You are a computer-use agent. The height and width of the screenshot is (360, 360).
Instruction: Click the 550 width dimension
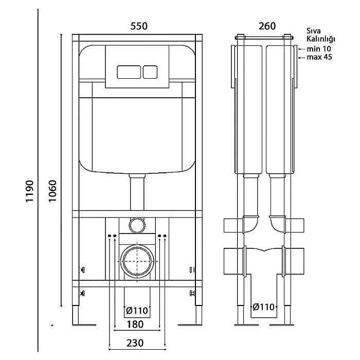coord(139,26)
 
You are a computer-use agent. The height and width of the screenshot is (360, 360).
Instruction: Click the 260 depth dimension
coord(267,26)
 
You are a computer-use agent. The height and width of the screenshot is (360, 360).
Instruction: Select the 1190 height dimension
coord(30,191)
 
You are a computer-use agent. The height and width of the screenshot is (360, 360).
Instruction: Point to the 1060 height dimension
coord(53,191)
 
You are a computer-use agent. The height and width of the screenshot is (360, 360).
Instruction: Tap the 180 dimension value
coord(135,325)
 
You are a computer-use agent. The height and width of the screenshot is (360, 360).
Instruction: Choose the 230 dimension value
coord(135,343)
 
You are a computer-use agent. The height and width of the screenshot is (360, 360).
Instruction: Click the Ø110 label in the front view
coord(137,311)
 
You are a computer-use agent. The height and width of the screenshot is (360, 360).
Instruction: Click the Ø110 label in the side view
coord(263,307)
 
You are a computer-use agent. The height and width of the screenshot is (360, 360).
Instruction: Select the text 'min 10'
coord(319,49)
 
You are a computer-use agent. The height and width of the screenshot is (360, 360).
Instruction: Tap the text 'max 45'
coord(319,57)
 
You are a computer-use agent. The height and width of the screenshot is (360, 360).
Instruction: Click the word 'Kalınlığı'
coord(321,39)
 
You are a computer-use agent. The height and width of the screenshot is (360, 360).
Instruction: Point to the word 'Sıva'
coord(314,31)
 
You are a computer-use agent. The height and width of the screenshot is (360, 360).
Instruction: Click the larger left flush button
coord(129,72)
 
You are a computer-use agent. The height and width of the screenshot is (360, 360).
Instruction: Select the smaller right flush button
coord(150,72)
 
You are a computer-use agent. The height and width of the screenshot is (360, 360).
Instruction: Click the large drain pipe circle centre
coord(137,261)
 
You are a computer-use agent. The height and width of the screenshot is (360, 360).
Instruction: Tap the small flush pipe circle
coord(137,225)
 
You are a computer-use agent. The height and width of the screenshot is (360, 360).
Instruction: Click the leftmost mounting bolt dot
coord(110,236)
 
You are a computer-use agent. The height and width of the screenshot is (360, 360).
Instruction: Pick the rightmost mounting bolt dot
coord(165,236)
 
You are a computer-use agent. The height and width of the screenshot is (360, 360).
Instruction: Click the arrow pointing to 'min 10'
coord(302,49)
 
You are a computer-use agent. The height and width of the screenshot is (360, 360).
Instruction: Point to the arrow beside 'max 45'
coord(302,58)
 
